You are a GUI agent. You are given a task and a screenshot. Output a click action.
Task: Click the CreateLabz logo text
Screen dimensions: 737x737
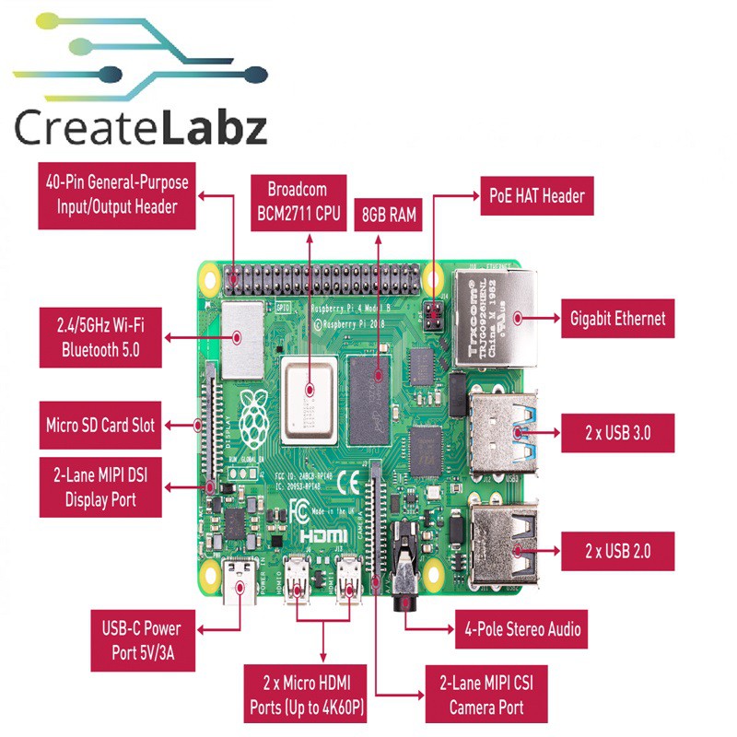[141, 128]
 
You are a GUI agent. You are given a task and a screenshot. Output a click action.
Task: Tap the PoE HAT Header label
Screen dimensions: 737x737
[535, 195]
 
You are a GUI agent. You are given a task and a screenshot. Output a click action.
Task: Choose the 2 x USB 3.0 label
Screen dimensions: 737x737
[617, 432]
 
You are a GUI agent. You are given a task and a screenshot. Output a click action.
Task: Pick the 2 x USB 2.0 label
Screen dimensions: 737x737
[617, 551]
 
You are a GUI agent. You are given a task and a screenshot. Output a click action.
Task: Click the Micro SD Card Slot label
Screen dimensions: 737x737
[100, 425]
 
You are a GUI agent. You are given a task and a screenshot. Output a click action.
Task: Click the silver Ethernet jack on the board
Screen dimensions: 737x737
[497, 313]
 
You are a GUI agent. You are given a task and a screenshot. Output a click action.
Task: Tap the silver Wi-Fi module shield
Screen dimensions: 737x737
[239, 338]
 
